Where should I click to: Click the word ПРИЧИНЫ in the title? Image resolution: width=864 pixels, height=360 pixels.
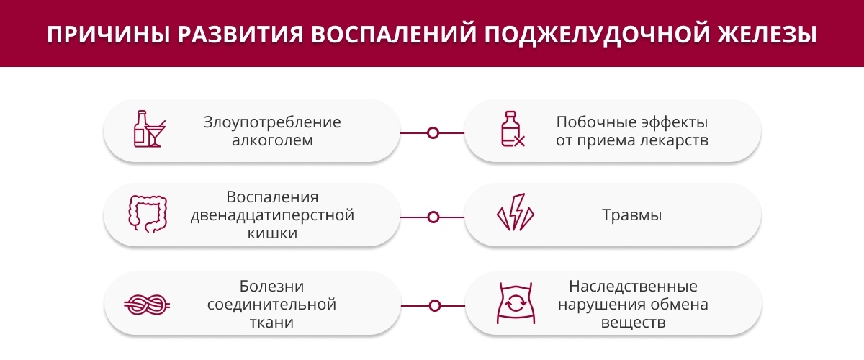pyautogui.click(x=109, y=35)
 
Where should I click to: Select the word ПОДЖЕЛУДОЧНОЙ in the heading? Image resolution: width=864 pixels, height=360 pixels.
pyautogui.click(x=597, y=35)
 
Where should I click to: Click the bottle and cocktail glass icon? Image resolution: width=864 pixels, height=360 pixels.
pyautogui.click(x=150, y=129)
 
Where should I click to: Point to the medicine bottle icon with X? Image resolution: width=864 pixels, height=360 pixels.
pyautogui.click(x=513, y=129)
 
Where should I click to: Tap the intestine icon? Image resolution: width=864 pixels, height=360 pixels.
pyautogui.click(x=148, y=214)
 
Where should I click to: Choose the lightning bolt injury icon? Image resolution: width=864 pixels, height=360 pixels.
pyautogui.click(x=516, y=212)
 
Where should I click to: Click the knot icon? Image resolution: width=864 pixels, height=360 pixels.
pyautogui.click(x=147, y=305)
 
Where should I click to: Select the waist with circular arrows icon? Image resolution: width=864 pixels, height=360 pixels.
pyautogui.click(x=516, y=303)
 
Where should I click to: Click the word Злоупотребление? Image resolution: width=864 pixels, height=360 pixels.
pyautogui.click(x=272, y=122)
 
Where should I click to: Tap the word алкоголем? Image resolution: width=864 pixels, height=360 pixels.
pyautogui.click(x=272, y=140)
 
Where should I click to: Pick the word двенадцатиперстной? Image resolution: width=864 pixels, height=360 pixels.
pyautogui.click(x=272, y=215)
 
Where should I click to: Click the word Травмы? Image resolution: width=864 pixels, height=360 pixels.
pyautogui.click(x=632, y=215)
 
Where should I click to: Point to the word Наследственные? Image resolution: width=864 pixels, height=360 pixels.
pyautogui.click(x=633, y=287)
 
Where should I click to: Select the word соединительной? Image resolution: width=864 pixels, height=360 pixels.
pyautogui.click(x=271, y=305)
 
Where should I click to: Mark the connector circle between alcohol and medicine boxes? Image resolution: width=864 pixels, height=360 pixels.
pyautogui.click(x=433, y=133)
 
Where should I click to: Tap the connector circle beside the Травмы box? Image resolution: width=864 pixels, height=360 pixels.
pyautogui.click(x=433, y=217)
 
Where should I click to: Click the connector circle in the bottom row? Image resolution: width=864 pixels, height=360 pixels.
pyautogui.click(x=435, y=306)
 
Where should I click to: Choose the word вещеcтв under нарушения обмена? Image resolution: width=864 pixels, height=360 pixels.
pyautogui.click(x=633, y=323)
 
